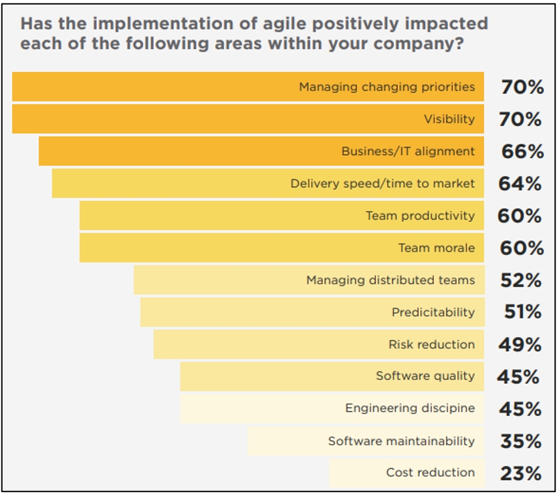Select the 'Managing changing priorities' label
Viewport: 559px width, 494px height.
point(386,87)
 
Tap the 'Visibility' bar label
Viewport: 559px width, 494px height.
point(449,119)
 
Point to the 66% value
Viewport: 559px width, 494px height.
point(522,152)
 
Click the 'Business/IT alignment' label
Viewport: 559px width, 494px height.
point(408,152)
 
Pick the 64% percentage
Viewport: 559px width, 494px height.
point(520,184)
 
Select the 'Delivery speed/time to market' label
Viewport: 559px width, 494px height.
point(382,184)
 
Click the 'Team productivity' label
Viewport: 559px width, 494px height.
point(420,216)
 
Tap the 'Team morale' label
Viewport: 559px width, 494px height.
point(437,248)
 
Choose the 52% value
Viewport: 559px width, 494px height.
point(520,280)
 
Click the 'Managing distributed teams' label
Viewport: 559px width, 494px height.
point(390,280)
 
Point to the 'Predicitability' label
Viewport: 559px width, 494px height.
point(433,312)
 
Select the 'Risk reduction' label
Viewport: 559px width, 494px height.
point(432,344)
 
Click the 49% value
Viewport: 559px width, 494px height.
point(520,344)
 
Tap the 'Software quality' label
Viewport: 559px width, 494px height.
point(425,377)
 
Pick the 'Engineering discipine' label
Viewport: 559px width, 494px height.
point(410,409)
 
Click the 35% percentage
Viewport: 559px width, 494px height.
point(520,441)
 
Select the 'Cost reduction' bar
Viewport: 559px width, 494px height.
point(406,473)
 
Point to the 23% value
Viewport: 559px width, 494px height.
point(520,473)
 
